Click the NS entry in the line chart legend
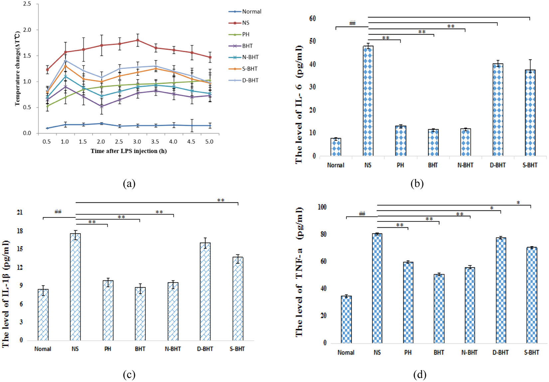click(x=246, y=23)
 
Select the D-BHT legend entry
click(x=250, y=80)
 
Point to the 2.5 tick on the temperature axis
click(x=27, y=4)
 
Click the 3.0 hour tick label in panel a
click(x=137, y=142)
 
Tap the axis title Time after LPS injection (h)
click(x=128, y=151)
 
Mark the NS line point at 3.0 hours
click(x=137, y=40)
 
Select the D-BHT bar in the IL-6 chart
click(x=498, y=110)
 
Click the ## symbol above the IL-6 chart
click(x=352, y=23)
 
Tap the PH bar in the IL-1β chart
click(x=108, y=310)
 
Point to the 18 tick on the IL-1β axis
click(x=20, y=231)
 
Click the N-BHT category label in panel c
click(x=173, y=349)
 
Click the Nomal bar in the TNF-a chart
click(x=346, y=319)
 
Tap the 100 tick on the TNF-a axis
click(x=322, y=207)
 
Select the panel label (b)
click(x=417, y=184)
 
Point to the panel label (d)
click(x=420, y=375)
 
